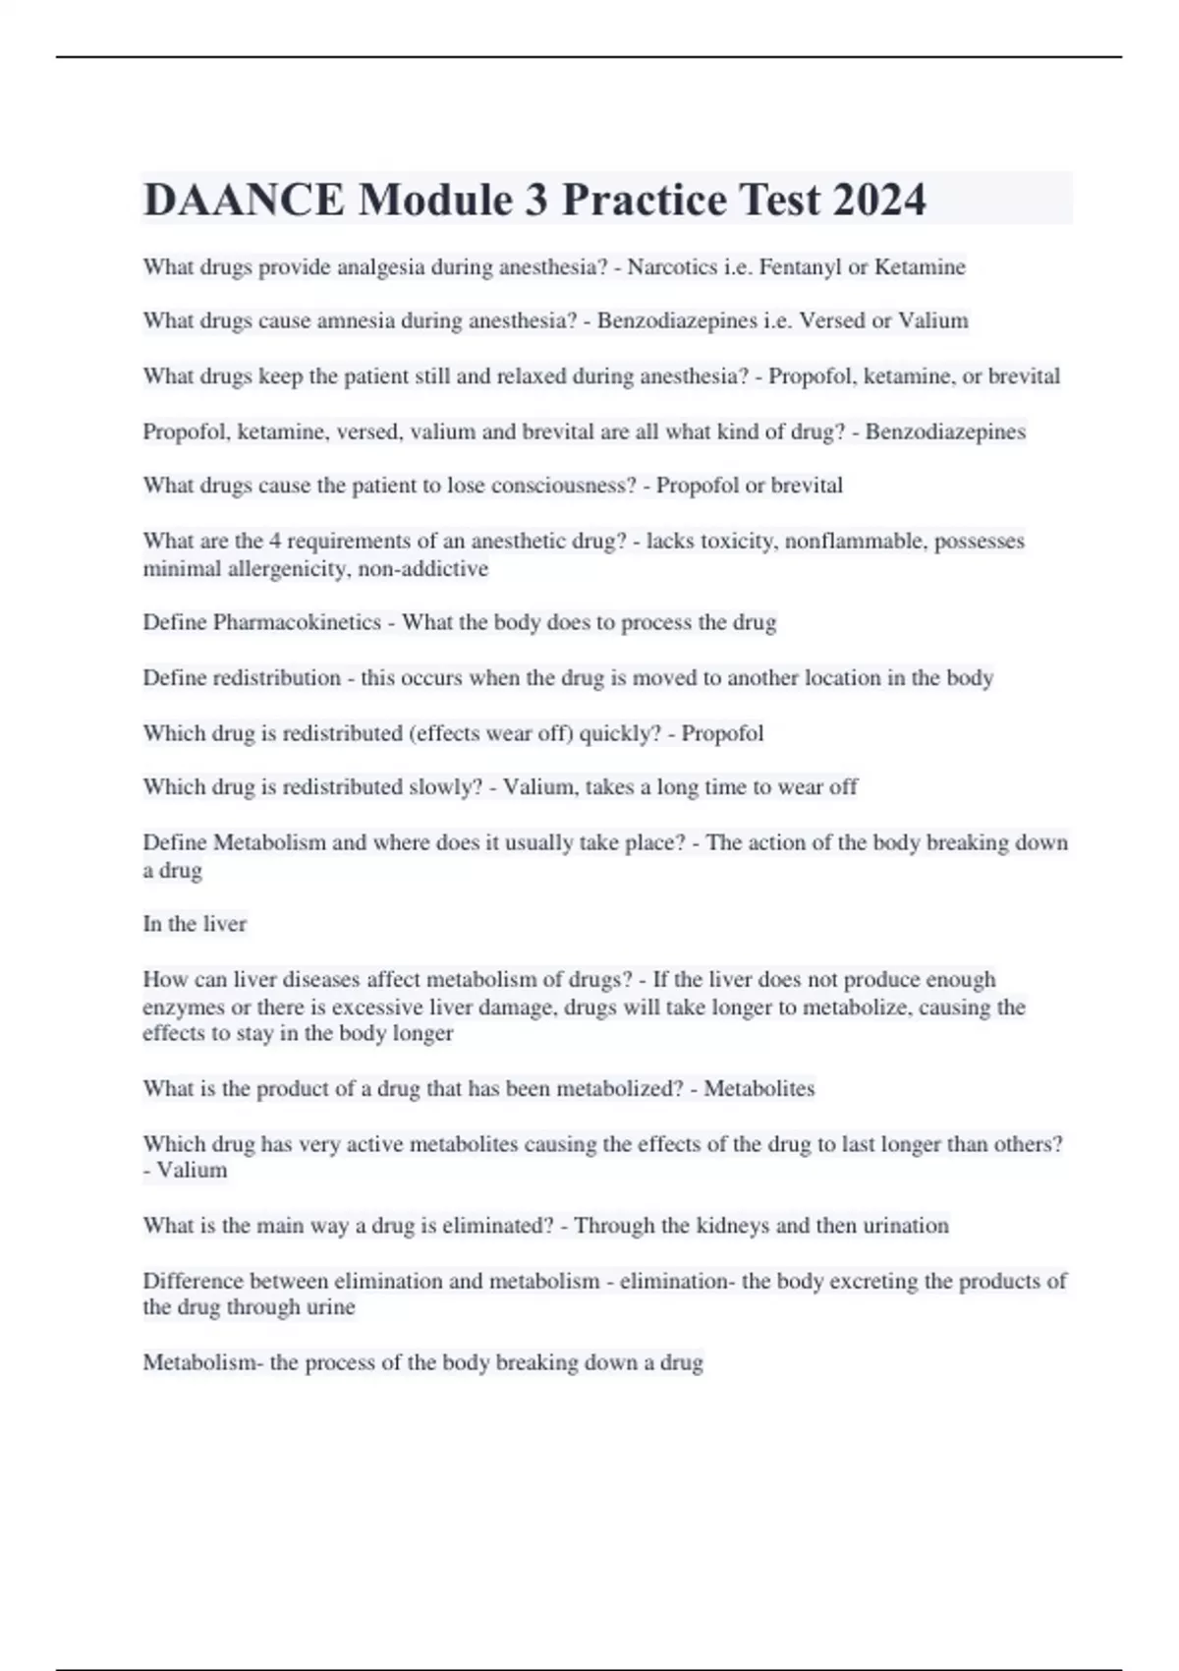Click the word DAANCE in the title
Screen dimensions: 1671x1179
[x=244, y=200]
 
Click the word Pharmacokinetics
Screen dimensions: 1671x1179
[x=298, y=622]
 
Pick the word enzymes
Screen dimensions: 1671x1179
[x=183, y=1008]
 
